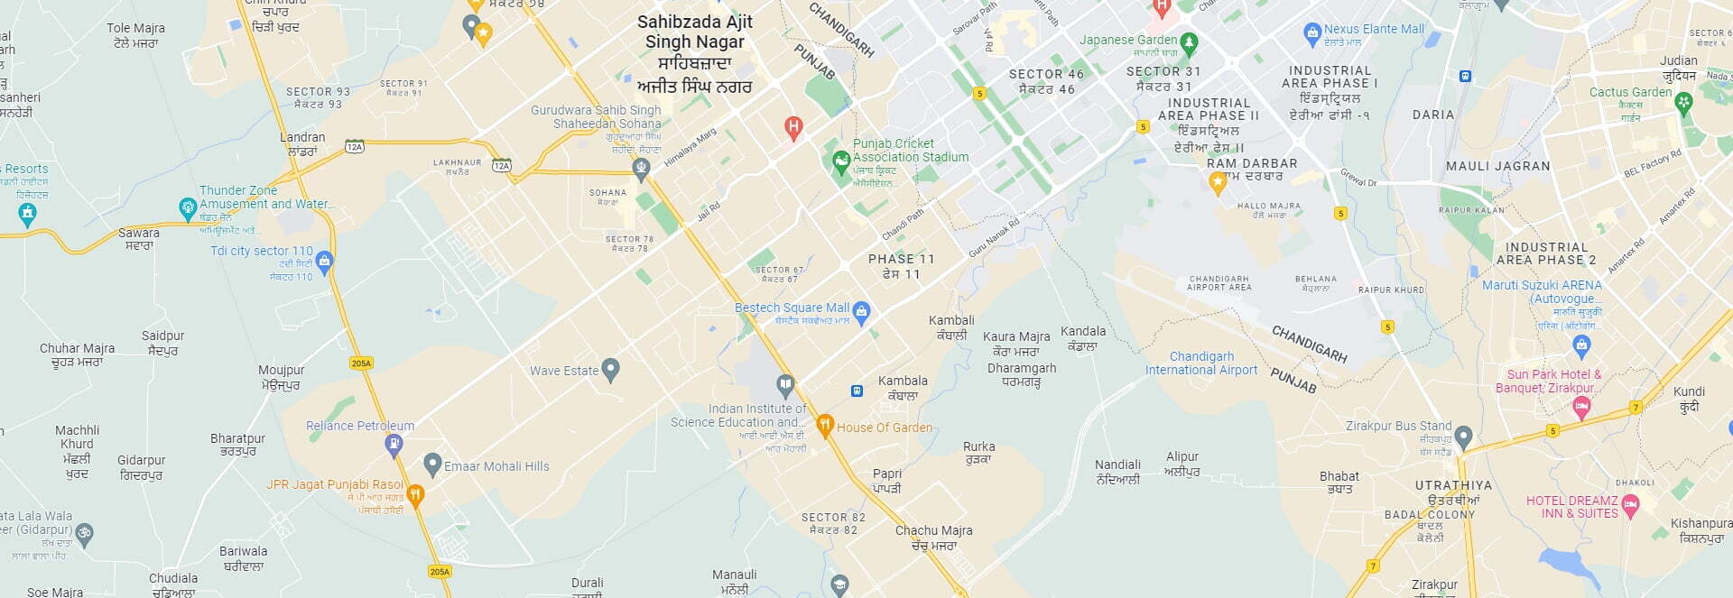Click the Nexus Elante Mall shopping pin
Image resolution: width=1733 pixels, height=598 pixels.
(x=1312, y=33)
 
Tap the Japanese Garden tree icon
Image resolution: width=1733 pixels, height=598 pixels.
(x=1189, y=41)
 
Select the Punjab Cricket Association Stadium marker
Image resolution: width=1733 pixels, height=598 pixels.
(x=840, y=161)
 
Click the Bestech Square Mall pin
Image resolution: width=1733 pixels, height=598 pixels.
(x=861, y=311)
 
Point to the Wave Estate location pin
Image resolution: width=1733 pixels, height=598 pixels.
(x=611, y=368)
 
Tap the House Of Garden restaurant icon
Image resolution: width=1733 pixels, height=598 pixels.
(x=824, y=425)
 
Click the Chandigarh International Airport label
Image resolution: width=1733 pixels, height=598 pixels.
(x=1200, y=363)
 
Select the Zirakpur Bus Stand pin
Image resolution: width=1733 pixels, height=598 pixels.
(x=1463, y=436)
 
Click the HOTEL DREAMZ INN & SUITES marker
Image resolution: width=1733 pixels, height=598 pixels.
(x=1629, y=506)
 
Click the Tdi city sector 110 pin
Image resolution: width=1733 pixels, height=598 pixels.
(x=325, y=261)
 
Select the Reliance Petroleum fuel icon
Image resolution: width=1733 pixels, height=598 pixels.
(x=394, y=443)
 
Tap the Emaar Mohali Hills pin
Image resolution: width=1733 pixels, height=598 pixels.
(x=432, y=464)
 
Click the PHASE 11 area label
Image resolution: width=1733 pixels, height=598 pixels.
(x=901, y=266)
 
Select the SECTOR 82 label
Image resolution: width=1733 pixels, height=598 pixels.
(x=833, y=523)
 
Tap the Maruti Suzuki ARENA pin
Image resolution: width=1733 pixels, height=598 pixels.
(x=1580, y=344)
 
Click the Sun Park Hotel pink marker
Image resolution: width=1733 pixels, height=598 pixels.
(x=1580, y=407)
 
